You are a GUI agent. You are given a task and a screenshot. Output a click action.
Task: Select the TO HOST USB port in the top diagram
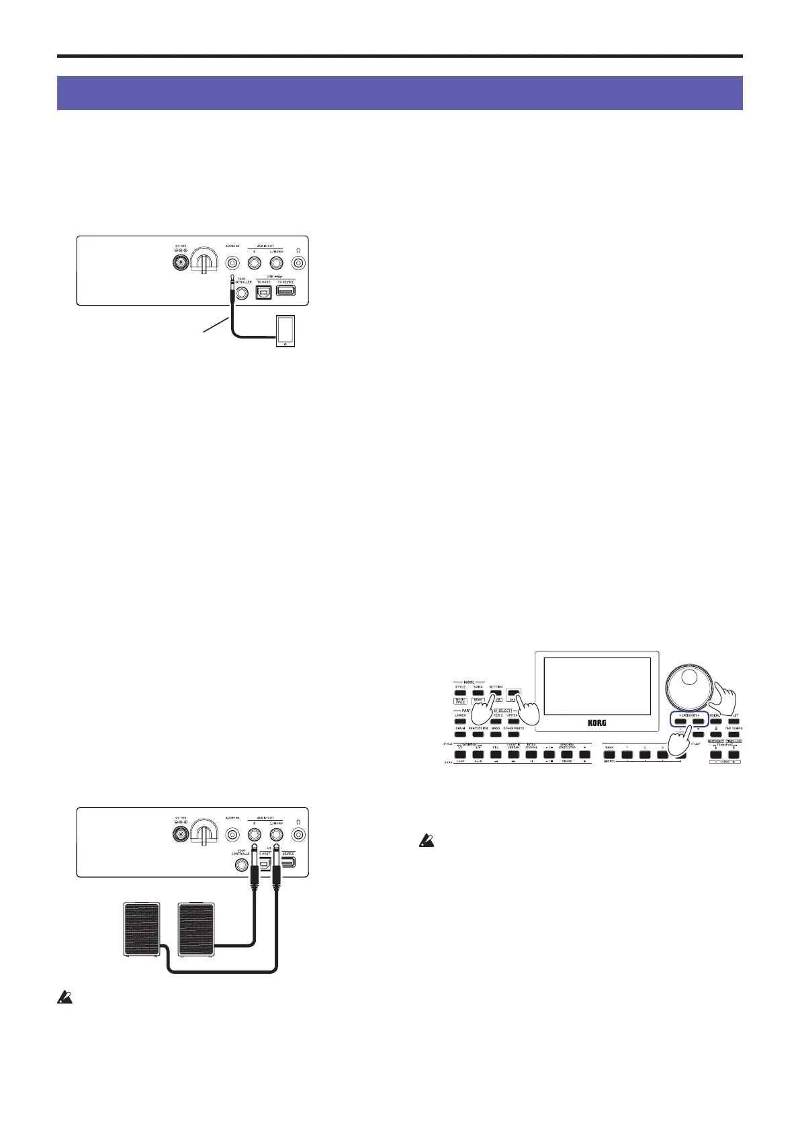click(263, 293)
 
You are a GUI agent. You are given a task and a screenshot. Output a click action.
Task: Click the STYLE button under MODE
click(460, 693)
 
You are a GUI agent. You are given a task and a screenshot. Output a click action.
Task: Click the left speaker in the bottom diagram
click(143, 929)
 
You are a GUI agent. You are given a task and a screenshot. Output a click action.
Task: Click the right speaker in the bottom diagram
click(195, 929)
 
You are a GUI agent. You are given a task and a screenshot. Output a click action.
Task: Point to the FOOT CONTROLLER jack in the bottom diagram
click(240, 865)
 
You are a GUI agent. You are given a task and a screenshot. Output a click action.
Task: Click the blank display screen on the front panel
click(596, 686)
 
